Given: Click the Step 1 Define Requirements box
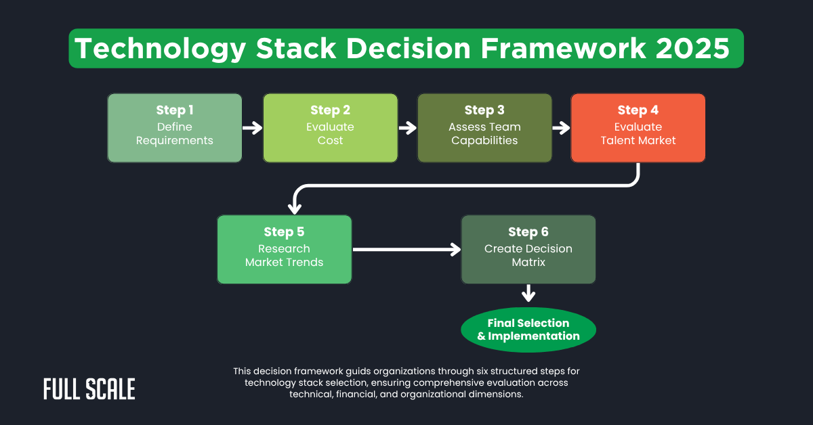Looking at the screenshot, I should click(x=174, y=128).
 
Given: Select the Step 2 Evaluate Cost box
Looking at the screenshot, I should click(x=330, y=128).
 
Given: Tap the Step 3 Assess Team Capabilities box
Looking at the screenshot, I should click(x=484, y=128).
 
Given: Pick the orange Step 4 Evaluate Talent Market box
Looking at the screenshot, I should click(x=638, y=128).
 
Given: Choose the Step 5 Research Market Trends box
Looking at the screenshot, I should click(x=284, y=249).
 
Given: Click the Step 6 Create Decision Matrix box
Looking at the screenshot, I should click(x=528, y=249).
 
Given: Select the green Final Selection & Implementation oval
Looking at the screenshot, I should click(x=528, y=330).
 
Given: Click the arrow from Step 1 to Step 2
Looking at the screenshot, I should click(x=252, y=128).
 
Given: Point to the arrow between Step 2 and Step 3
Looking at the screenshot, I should click(x=407, y=128).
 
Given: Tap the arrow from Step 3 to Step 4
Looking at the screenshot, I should click(x=561, y=128).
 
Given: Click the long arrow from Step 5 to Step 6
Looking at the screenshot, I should click(x=406, y=250).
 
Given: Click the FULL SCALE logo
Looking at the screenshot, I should click(x=89, y=389).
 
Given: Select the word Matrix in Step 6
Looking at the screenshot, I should click(x=528, y=262).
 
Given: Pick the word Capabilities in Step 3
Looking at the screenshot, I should click(x=484, y=141).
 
